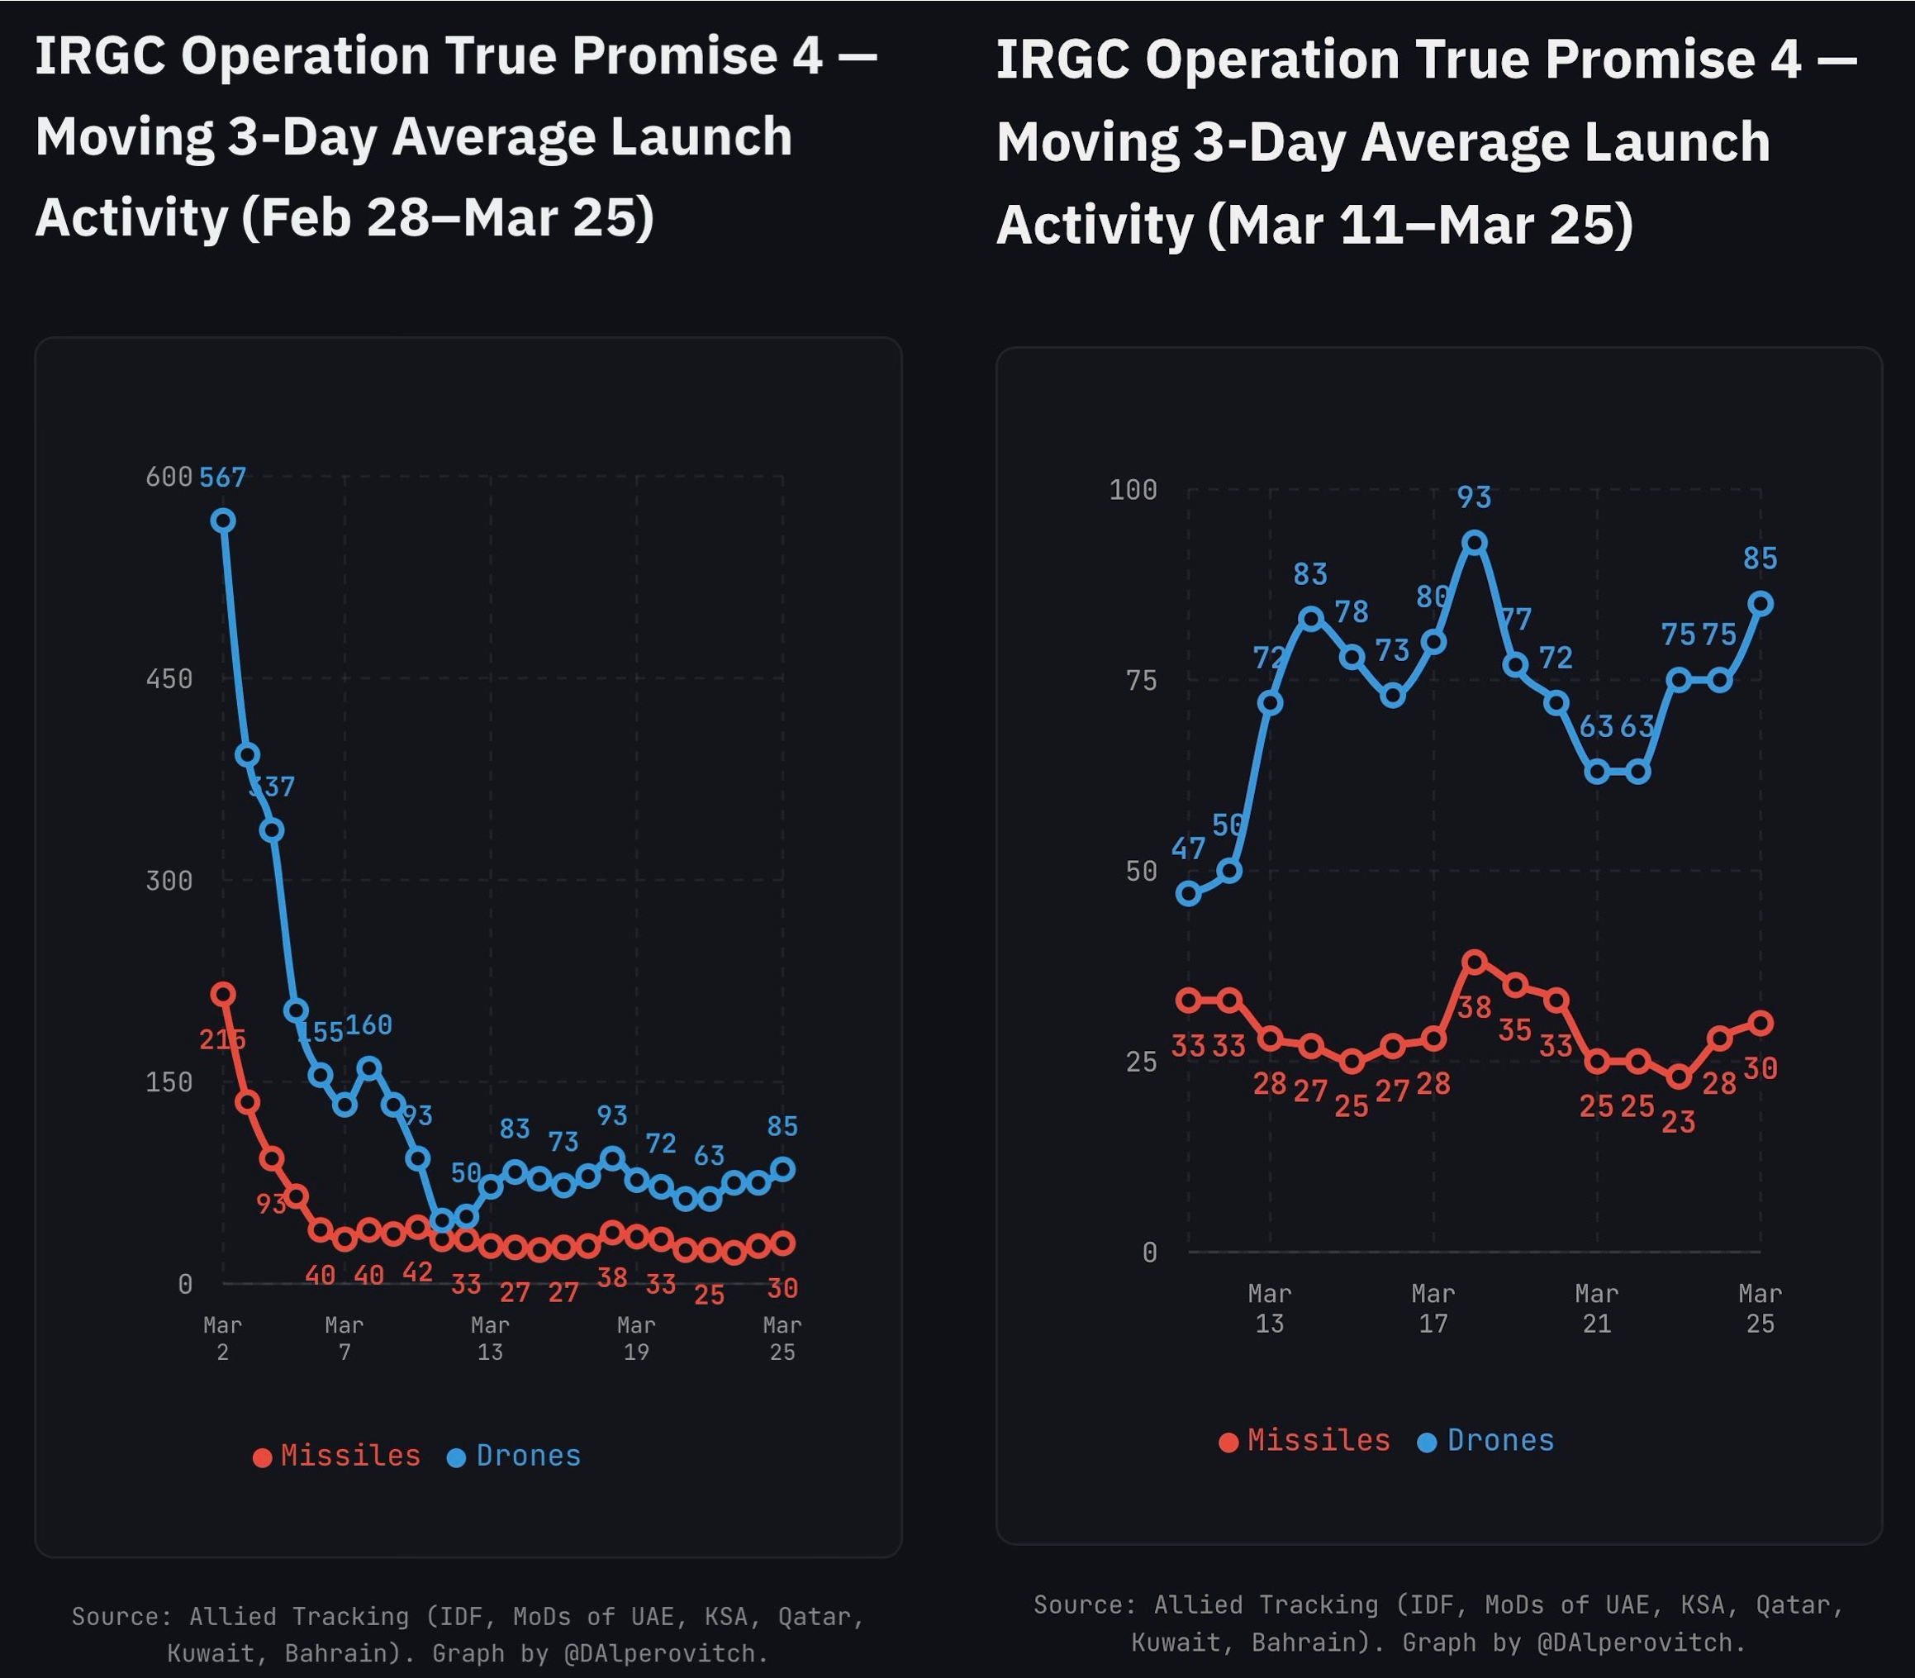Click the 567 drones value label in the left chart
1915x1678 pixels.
pyautogui.click(x=223, y=478)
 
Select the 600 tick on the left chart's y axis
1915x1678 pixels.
pyautogui.click(x=169, y=478)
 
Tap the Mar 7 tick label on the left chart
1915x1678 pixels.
pyautogui.click(x=345, y=1338)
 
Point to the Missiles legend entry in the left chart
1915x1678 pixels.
pyautogui.click(x=337, y=1456)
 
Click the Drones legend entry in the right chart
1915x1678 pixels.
pyautogui.click(x=1486, y=1440)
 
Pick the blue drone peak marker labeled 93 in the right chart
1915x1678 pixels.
pyautogui.click(x=1475, y=543)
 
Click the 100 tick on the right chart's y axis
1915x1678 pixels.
pyautogui.click(x=1133, y=490)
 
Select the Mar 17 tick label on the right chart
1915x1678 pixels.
pyautogui.click(x=1433, y=1308)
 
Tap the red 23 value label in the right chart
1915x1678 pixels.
pyautogui.click(x=1678, y=1122)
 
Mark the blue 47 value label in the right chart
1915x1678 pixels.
pyautogui.click(x=1188, y=849)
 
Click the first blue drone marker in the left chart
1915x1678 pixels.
pyautogui.click(x=223, y=521)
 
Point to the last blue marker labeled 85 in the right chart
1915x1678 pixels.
pyautogui.click(x=1761, y=604)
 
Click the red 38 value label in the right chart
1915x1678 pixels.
pyautogui.click(x=1475, y=1008)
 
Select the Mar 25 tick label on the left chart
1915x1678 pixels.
pyautogui.click(x=782, y=1338)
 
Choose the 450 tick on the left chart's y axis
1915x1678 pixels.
pyautogui.click(x=169, y=679)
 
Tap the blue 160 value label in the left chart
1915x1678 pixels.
pyautogui.click(x=369, y=1025)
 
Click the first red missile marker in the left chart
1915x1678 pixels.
pyautogui.click(x=223, y=995)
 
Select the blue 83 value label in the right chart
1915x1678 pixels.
pyautogui.click(x=1311, y=574)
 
